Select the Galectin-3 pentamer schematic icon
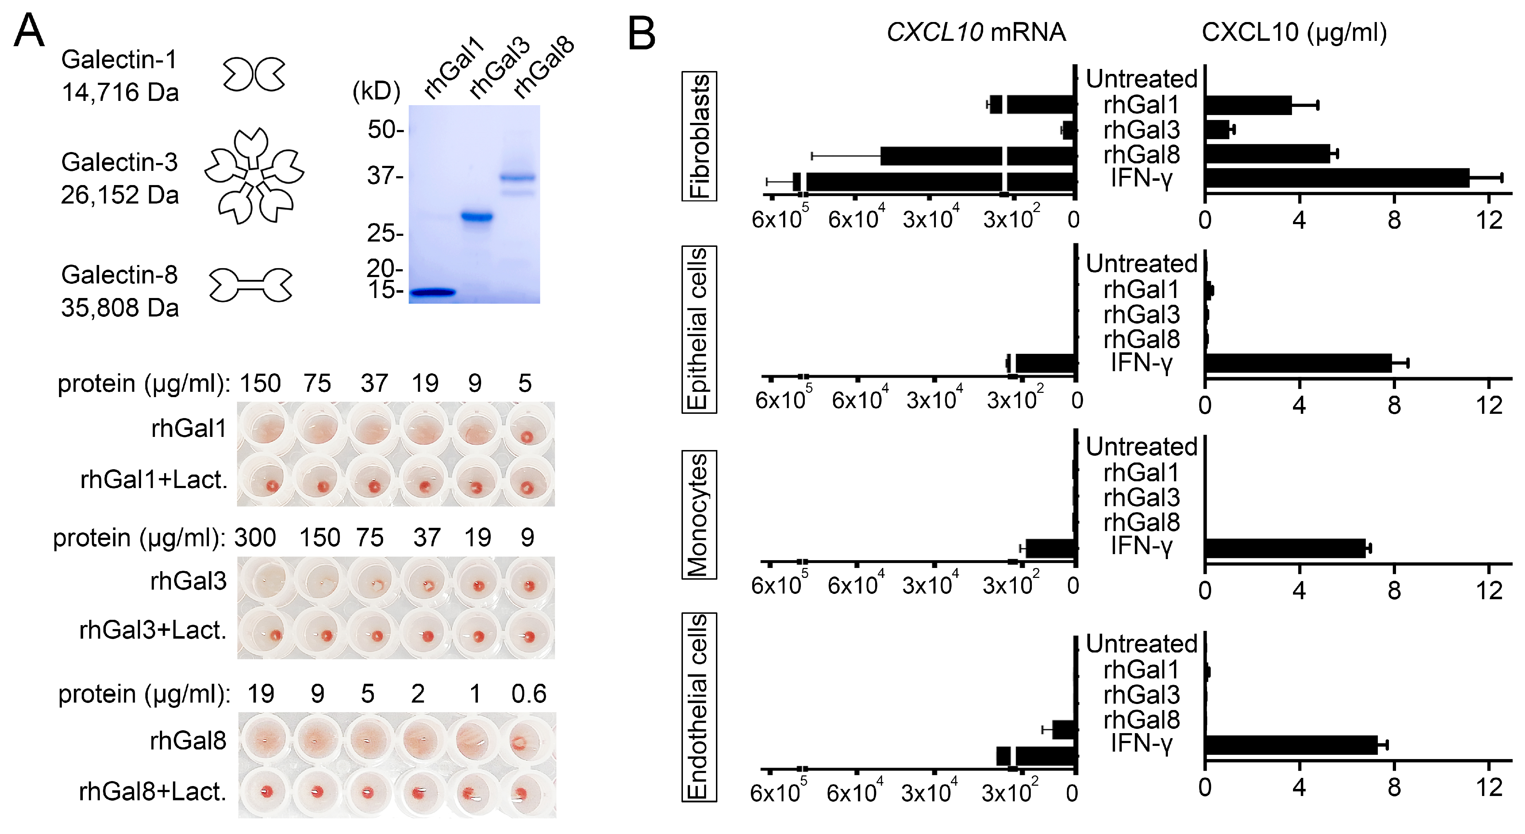[x=254, y=177]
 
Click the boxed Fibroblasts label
[x=699, y=136]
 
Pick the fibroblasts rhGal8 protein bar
[x=1267, y=154]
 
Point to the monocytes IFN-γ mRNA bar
[x=1051, y=548]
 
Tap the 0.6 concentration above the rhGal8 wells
[x=529, y=694]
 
